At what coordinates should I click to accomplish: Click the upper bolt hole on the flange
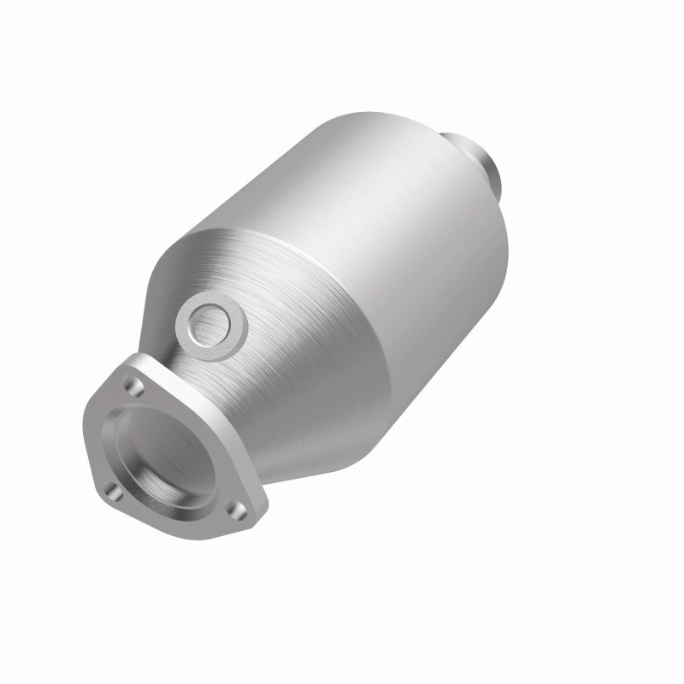click(134, 386)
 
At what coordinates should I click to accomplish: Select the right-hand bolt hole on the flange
click(238, 510)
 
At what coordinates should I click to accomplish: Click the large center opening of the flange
click(162, 453)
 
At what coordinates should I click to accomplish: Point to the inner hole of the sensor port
click(209, 325)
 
